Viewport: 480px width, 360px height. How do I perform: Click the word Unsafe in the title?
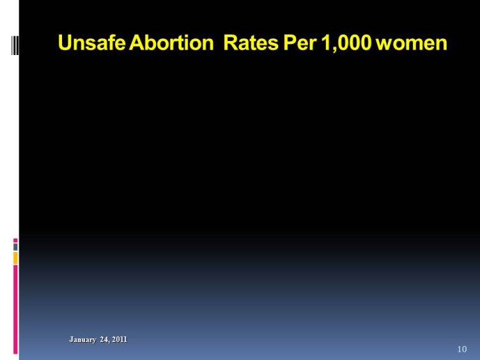pos(91,42)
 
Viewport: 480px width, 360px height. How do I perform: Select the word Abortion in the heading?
pos(171,42)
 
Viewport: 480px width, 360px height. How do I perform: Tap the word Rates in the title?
pos(251,42)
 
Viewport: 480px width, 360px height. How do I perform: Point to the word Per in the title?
pos(300,42)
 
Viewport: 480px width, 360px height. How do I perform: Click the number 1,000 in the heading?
pos(346,42)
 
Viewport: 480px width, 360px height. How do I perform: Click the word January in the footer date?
pos(83,340)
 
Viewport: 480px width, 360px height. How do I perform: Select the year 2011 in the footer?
pos(119,339)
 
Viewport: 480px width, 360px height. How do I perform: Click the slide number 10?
pos(462,349)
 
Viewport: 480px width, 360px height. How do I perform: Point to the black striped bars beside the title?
pos(15,45)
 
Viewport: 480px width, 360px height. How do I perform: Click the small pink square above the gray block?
pos(15,240)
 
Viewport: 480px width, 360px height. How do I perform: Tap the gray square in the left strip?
pos(15,246)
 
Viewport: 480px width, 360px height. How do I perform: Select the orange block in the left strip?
pos(15,258)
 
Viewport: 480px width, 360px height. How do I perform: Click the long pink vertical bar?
pos(15,309)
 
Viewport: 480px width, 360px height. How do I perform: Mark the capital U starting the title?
pos(65,42)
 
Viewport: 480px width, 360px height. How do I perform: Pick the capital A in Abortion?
pos(137,42)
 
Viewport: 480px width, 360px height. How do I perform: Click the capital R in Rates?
pos(231,42)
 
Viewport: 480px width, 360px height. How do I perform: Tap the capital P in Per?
pos(290,42)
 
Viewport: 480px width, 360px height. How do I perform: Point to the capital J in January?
pos(71,339)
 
